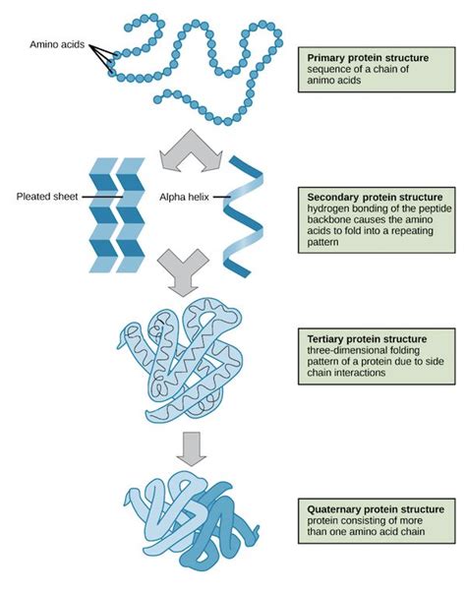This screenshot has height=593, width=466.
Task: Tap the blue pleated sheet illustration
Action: point(118,213)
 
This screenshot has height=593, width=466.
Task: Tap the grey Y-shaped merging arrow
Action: point(183,270)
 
